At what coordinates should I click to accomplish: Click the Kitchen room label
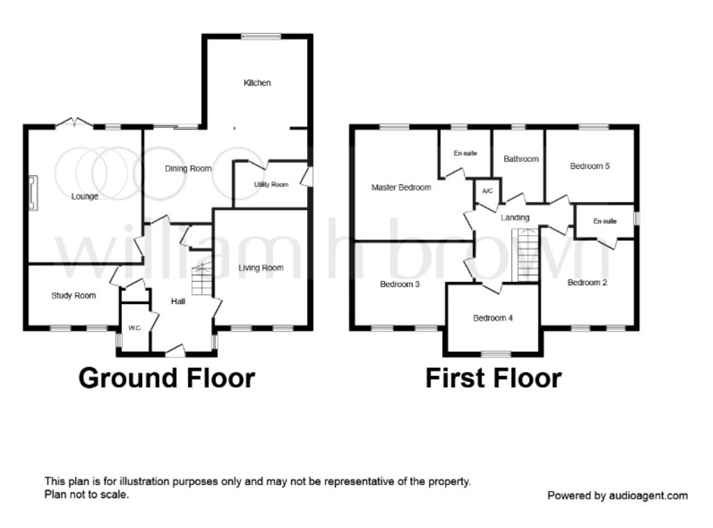coord(257,83)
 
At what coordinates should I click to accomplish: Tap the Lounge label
coord(84,196)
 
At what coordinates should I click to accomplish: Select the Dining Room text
coord(188,168)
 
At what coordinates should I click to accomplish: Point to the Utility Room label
coord(271,184)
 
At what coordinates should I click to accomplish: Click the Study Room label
coord(73,296)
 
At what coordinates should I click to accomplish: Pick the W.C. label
coord(134,328)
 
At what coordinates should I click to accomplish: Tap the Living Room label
coord(260,268)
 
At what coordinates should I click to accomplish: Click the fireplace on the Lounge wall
coord(33,193)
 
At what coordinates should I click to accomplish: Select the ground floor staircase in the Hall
coord(201,280)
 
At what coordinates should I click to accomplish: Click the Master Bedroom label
coord(401,187)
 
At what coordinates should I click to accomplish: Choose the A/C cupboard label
coord(487,191)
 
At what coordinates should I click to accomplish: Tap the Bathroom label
coord(521,159)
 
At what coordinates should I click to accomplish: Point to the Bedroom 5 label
coord(590,166)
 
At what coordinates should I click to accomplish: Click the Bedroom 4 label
coord(493,318)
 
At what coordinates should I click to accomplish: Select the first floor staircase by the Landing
coord(525,255)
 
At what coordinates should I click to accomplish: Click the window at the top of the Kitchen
coord(261,36)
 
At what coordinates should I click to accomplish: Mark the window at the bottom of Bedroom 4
coord(496,354)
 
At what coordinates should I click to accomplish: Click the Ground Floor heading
coord(167,378)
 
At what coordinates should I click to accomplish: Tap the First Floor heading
coord(494,378)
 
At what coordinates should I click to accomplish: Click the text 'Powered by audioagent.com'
coord(618,495)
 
